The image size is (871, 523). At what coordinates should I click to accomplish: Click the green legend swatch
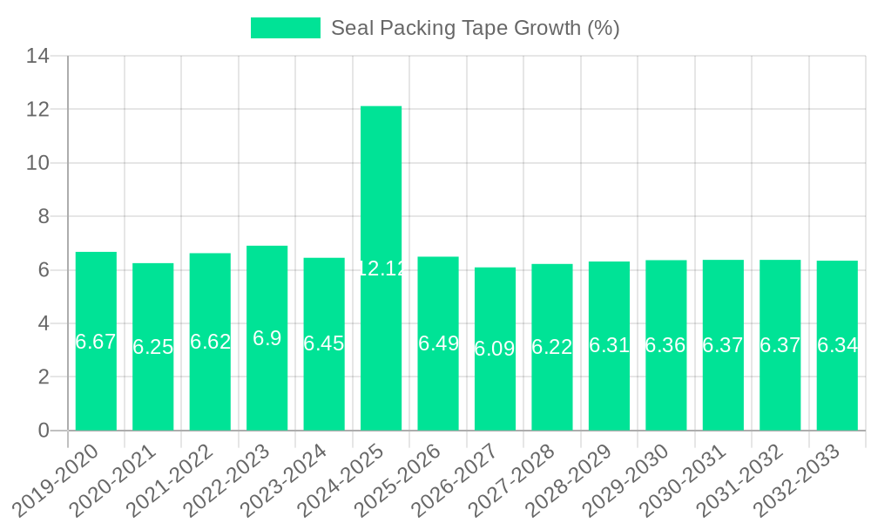click(286, 28)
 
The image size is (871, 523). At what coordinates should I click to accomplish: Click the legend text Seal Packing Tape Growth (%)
click(476, 28)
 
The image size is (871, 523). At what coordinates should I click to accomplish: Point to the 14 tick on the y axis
click(37, 57)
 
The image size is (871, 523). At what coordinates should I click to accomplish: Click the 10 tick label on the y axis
click(37, 163)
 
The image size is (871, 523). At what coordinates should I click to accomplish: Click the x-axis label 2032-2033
click(800, 479)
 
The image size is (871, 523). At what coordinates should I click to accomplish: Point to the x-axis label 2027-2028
click(515, 479)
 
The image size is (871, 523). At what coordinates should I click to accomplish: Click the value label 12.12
click(381, 268)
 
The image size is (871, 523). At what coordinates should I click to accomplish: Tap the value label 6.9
click(267, 338)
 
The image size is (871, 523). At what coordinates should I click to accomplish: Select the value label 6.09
click(495, 349)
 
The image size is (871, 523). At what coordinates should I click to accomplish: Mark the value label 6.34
click(837, 345)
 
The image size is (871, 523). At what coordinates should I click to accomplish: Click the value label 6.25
click(152, 347)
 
